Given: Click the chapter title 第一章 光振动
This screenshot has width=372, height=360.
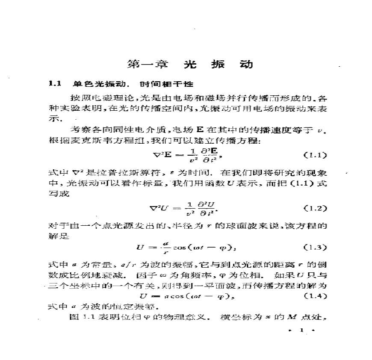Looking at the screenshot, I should coord(191,64).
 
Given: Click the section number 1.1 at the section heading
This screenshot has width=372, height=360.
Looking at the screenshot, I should coord(56,84).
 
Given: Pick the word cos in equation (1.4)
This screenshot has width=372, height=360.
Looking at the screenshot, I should coord(180,296).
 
